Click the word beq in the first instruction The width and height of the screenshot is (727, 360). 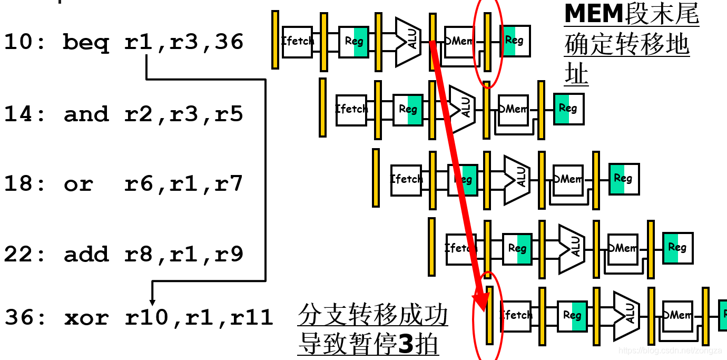point(86,42)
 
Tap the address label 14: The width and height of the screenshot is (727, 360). point(26,114)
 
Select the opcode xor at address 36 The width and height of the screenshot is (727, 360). point(86,317)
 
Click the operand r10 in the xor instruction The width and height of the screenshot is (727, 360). point(146,317)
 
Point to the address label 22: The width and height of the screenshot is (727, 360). point(26,255)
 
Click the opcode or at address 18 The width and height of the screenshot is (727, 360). point(78,184)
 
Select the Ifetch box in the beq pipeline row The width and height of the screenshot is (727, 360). point(298,42)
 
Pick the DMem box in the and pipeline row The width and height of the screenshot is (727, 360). point(514,110)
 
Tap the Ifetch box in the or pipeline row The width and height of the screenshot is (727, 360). point(406,180)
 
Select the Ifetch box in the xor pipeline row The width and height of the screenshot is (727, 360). point(515,316)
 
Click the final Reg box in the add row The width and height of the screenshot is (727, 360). point(677,247)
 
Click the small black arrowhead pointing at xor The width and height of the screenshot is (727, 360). point(153,301)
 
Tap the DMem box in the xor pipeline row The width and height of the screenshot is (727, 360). point(677,315)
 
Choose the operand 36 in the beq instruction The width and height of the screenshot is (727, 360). point(229,42)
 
